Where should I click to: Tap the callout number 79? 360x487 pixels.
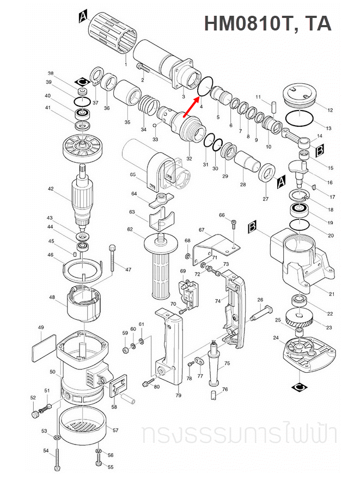coord(178,396)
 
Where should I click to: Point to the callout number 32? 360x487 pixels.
coord(189,158)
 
